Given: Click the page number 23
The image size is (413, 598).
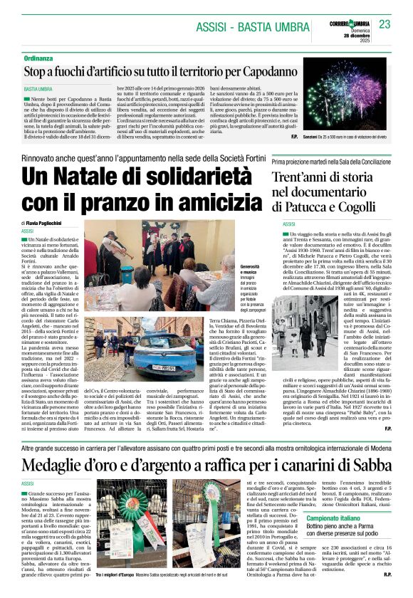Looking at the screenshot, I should (x=385, y=23).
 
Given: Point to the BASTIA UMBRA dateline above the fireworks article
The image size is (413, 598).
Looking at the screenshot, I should (x=38, y=90).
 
